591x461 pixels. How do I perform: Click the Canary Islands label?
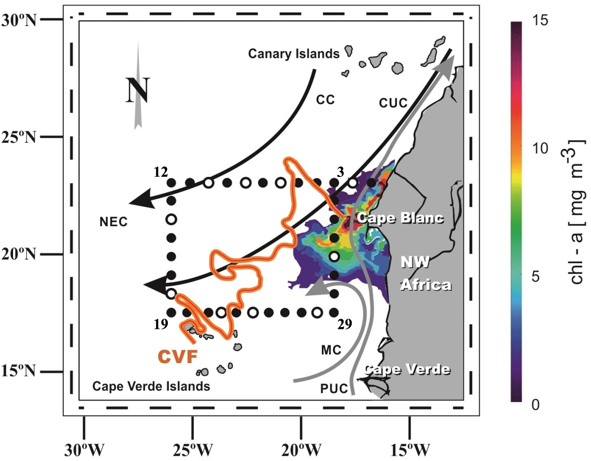tap(294, 54)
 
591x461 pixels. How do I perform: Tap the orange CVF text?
tap(176, 357)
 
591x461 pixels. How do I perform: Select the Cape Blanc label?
tap(399, 218)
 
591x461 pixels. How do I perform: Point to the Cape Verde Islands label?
tap(151, 386)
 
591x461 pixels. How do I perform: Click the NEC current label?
tap(113, 221)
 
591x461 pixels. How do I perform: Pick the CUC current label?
tap(394, 102)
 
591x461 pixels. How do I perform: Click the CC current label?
tap(325, 99)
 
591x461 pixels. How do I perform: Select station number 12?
tap(160, 171)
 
